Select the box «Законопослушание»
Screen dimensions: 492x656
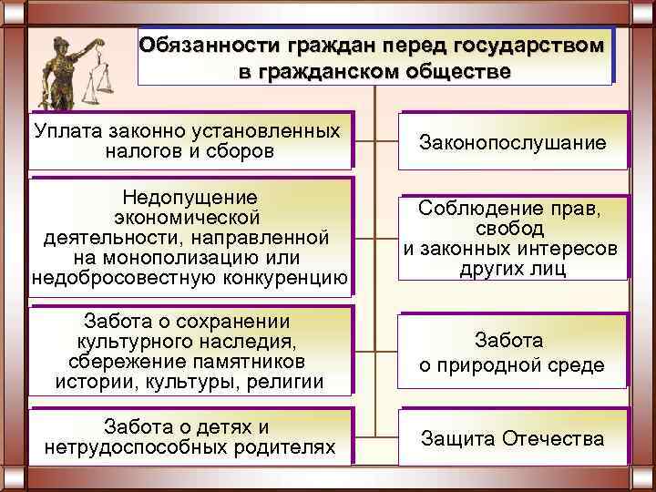[x=512, y=143]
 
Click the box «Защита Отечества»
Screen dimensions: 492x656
[x=512, y=438]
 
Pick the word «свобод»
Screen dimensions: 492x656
[x=511, y=228]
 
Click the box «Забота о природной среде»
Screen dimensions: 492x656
[x=512, y=354]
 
